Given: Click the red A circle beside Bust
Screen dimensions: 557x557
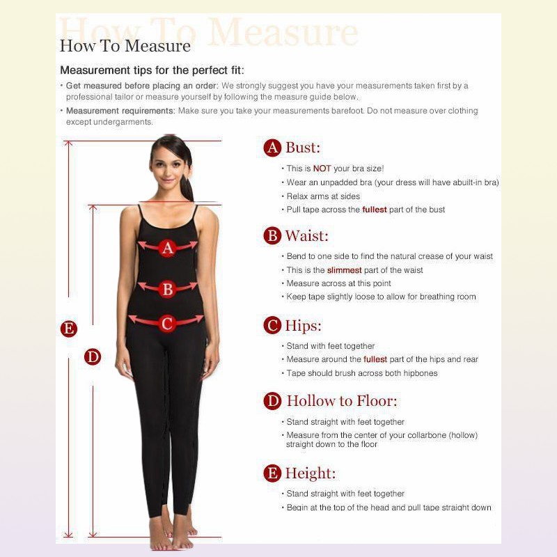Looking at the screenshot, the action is coord(272,148).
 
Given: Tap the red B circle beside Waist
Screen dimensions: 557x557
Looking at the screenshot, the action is coord(272,235).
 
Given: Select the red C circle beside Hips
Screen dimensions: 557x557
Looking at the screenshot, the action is coord(272,325).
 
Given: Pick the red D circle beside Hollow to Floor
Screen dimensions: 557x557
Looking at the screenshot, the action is coord(272,401).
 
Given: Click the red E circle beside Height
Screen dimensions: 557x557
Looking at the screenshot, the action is coord(272,473).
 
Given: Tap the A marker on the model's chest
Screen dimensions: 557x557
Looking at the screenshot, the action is coord(167,248).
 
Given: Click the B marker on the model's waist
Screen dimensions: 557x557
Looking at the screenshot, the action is coord(167,289).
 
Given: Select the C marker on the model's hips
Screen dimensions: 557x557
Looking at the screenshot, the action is coord(167,324).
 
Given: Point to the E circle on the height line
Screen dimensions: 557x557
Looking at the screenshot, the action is coord(69,328).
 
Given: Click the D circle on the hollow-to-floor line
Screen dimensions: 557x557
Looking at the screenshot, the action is coord(93,356).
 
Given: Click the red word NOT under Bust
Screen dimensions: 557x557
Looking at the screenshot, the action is coord(322,168).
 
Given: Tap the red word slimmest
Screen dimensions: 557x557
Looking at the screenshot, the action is coord(344,270).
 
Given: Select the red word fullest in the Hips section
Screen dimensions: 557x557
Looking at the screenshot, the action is coord(375,359).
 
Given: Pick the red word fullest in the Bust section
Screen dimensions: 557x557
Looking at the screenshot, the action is coord(375,210).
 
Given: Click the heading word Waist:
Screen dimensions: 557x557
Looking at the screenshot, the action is coord(307,236).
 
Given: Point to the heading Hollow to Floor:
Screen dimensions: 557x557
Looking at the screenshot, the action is coord(342,401).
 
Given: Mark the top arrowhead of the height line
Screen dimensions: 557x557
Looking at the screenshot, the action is coord(68,143).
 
